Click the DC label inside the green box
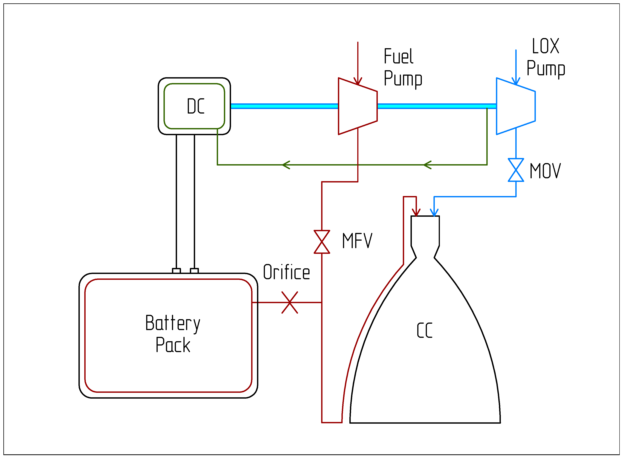pos(195,106)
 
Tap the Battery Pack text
pos(173,334)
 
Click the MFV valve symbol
pos(322,242)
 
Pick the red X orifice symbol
pos(290,303)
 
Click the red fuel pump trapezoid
pos(358,106)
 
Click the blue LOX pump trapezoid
pos(516,106)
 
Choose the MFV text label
pos(357,241)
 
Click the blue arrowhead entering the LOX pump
pos(516,81)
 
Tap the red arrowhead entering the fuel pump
pos(358,81)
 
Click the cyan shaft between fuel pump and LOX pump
pos(437,106)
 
